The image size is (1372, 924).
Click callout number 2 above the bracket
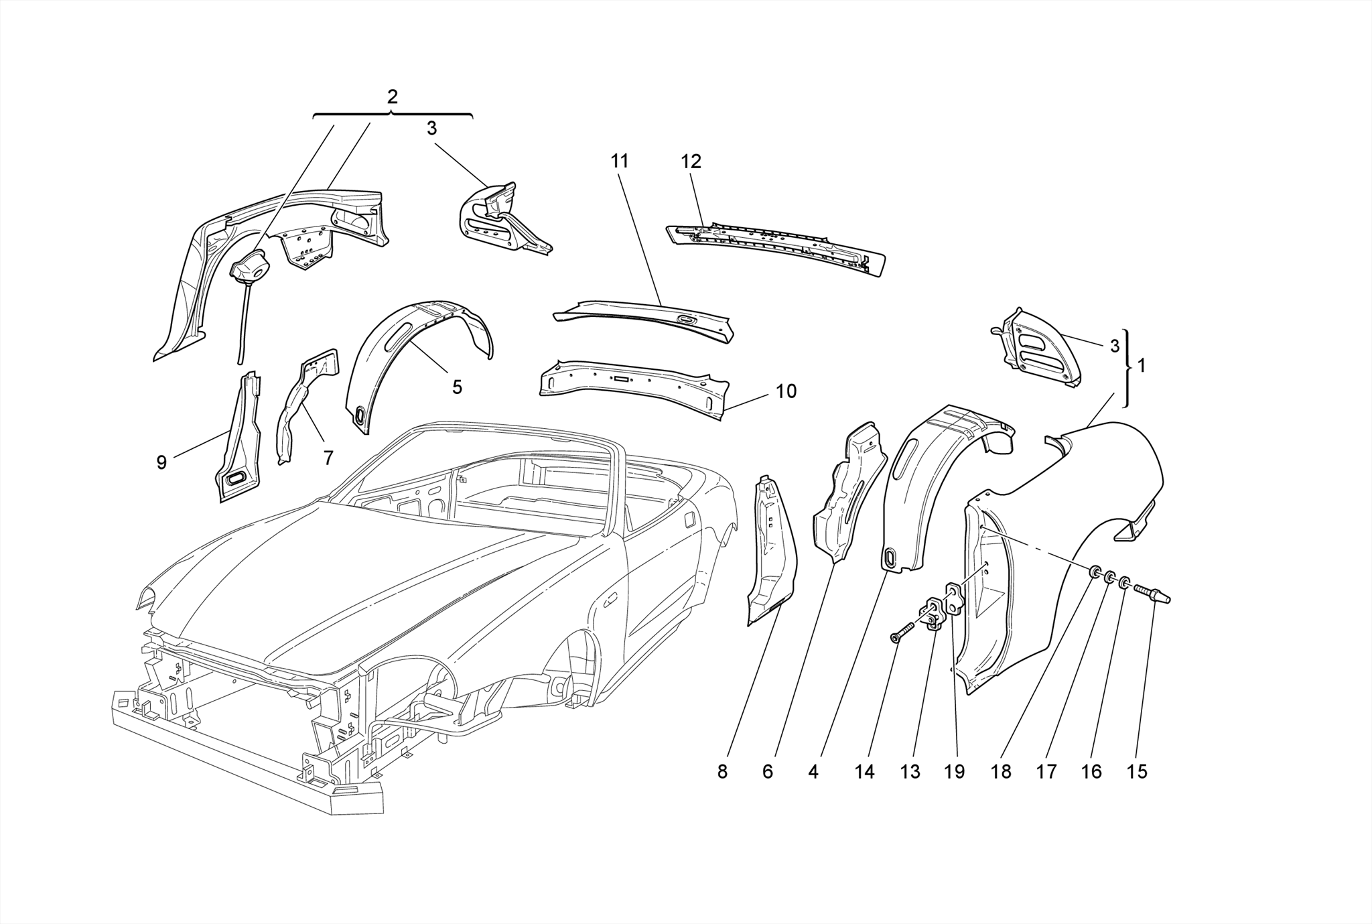pyautogui.click(x=392, y=97)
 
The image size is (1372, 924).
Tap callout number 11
pyautogui.click(x=620, y=161)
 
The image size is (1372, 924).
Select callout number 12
pyautogui.click(x=691, y=161)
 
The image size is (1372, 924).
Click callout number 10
pyautogui.click(x=786, y=391)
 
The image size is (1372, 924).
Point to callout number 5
pyautogui.click(x=457, y=387)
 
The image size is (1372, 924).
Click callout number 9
pyautogui.click(x=161, y=462)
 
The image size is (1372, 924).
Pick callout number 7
pyautogui.click(x=328, y=458)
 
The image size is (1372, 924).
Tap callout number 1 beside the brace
pyautogui.click(x=1142, y=366)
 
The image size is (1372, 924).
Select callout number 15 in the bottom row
pyautogui.click(x=1137, y=772)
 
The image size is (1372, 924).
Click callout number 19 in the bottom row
pyautogui.click(x=955, y=772)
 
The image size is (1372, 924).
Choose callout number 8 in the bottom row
pyautogui.click(x=722, y=772)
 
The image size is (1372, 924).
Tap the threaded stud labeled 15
pyautogui.click(x=1152, y=593)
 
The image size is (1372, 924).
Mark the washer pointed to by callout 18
pyautogui.click(x=1095, y=572)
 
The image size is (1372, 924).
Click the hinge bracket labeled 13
pyautogui.click(x=931, y=614)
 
